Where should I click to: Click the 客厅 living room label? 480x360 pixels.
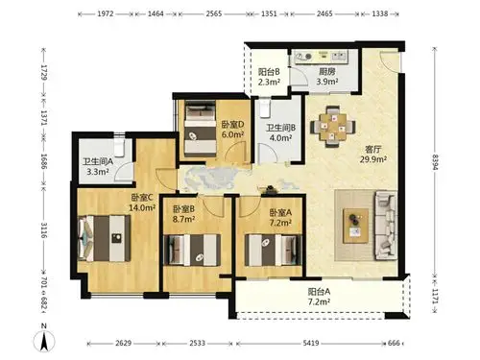tap(348, 149)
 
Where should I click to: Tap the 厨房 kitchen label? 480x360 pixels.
tap(327, 71)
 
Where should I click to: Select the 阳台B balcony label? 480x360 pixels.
tap(269, 71)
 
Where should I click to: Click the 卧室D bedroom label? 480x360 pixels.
tap(232, 124)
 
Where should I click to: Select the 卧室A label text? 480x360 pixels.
tap(281, 210)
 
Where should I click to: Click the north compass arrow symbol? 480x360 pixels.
tap(44, 337)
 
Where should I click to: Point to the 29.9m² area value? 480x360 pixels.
tap(348, 160)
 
